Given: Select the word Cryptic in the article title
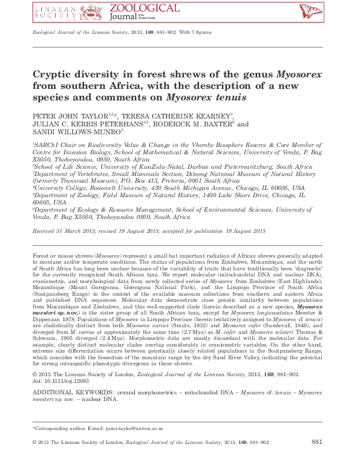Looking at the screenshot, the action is pyautogui.click(x=53, y=75).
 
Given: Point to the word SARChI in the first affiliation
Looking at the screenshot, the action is pyautogui.click(x=47, y=146).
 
